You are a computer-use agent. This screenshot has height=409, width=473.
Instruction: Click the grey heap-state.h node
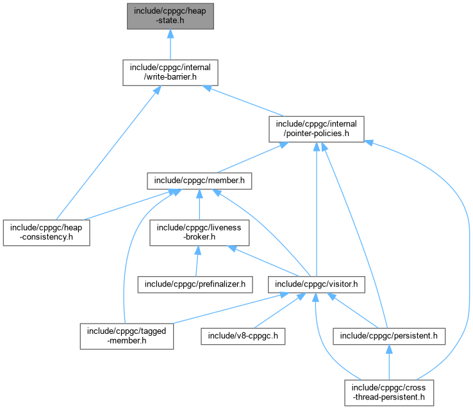tap(170, 15)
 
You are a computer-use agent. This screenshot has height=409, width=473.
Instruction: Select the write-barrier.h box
tap(170, 73)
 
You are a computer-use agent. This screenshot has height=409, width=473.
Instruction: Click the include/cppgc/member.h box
tap(199, 181)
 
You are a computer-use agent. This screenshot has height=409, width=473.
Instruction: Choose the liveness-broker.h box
tap(199, 232)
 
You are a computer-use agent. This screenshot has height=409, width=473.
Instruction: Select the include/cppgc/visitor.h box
tap(317, 283)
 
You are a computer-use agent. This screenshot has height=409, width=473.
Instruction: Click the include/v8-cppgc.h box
tap(243, 335)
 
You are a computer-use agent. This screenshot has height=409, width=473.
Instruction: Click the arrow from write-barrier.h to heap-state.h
tap(170, 44)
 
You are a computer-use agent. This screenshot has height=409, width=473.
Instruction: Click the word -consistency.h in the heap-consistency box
tap(46, 238)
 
